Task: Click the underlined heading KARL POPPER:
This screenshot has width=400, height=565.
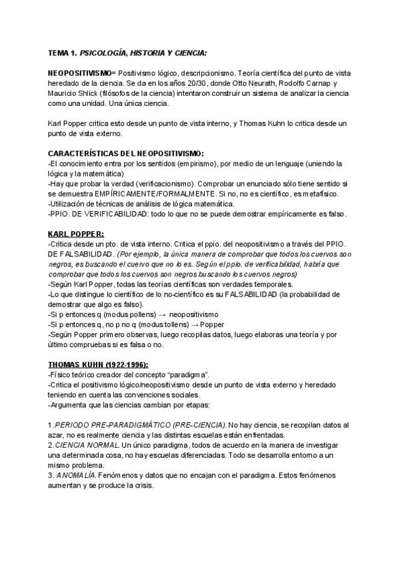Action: point(76,235)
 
